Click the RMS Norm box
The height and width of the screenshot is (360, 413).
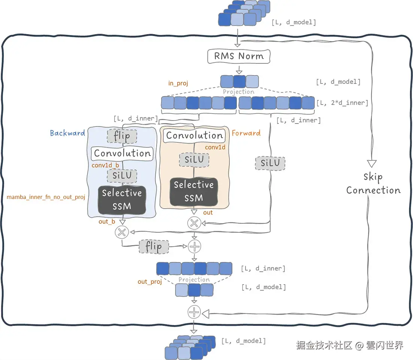coord(239,56)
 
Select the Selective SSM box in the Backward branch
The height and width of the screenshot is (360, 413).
coord(122,199)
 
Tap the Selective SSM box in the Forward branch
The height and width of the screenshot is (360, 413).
coord(194,191)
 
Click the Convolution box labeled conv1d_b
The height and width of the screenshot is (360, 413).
coord(122,153)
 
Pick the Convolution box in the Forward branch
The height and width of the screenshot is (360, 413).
coord(194,136)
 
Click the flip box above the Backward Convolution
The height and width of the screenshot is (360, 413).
coord(122,136)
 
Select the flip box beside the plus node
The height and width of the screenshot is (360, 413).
coord(154,247)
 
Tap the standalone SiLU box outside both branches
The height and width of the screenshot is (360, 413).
coord(270,163)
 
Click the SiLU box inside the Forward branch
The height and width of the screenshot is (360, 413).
coord(194,160)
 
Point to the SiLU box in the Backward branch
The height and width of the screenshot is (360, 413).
coord(122,175)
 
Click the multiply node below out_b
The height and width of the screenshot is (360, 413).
coord(122,232)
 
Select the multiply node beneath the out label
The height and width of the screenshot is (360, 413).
coord(194,223)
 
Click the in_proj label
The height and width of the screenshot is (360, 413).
coord(178,83)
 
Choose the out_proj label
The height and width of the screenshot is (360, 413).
coord(149,282)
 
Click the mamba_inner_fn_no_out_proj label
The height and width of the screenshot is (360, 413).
coord(46,197)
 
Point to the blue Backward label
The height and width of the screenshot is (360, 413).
coord(68,133)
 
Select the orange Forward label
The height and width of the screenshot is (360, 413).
coord(246,133)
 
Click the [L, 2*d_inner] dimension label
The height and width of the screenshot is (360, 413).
coord(342,103)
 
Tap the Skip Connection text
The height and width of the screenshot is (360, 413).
coord(373,184)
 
